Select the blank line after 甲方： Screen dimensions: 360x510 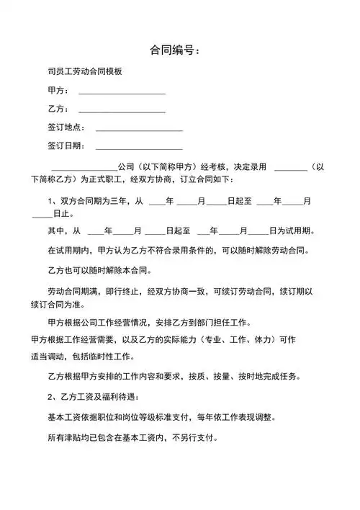pos(122,92)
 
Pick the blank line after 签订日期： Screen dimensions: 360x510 pos(139,148)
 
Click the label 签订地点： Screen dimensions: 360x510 pos(66,128)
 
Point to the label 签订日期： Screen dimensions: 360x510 pos(66,147)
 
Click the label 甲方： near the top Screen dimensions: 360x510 pos(58,91)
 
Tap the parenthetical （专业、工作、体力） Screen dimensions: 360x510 pos(230,339)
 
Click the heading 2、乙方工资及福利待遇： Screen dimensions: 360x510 pos(93,397)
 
